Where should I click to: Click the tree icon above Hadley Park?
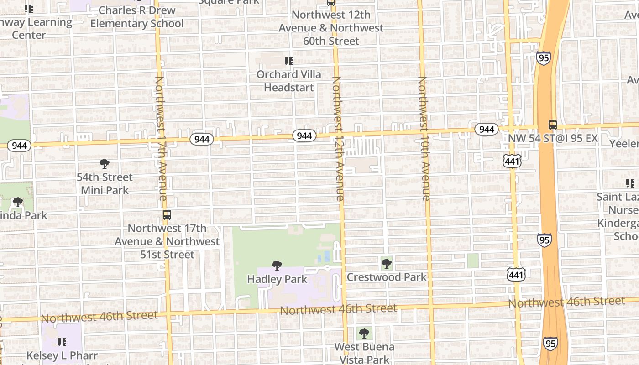[x=277, y=265]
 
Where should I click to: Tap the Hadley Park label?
[x=277, y=279]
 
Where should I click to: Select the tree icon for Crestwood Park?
[x=387, y=263]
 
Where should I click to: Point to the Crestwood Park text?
[x=387, y=277]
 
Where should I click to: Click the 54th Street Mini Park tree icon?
[x=105, y=164]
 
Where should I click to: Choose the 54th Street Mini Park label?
[x=105, y=183]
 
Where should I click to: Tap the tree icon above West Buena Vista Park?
[x=364, y=334]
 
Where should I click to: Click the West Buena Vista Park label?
[x=364, y=353]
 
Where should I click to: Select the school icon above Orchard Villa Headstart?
[x=288, y=61]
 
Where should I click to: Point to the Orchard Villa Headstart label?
[x=288, y=81]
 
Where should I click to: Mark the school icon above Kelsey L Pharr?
[x=62, y=342]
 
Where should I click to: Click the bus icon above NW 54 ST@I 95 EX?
[x=552, y=125]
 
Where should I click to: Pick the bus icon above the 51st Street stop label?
[x=167, y=214]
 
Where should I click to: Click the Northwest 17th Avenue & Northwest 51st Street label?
[x=167, y=241]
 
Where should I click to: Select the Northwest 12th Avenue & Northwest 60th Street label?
[x=337, y=28]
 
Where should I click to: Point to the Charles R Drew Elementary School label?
[x=137, y=17]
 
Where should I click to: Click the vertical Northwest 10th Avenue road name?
[x=424, y=138]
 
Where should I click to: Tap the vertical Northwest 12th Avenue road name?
[x=338, y=138]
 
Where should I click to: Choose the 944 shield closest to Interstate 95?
[x=487, y=129]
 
